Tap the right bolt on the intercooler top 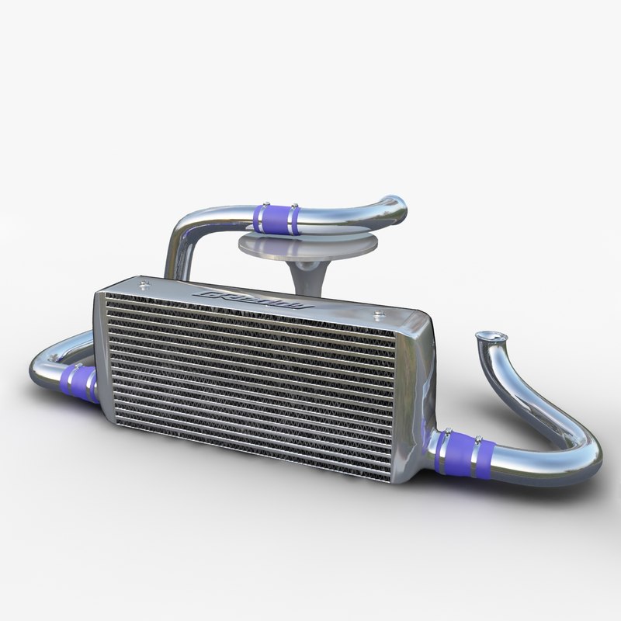coord(379,314)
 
